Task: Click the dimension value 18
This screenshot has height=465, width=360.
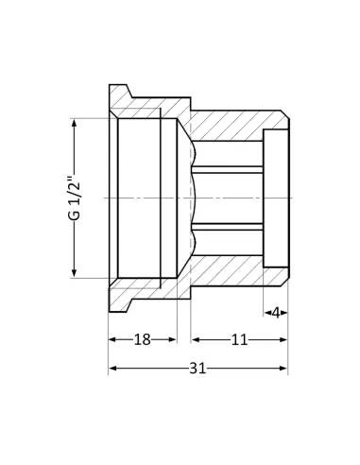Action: [x=143, y=340]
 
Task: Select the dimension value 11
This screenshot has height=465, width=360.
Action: [x=239, y=340]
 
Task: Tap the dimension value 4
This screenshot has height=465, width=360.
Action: [x=276, y=313]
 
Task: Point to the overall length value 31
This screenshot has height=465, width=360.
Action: [x=197, y=369]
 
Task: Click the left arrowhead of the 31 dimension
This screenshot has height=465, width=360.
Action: [x=112, y=369]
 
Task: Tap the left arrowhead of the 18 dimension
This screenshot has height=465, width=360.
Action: [x=112, y=340]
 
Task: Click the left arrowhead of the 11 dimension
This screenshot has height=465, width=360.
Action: [x=195, y=340]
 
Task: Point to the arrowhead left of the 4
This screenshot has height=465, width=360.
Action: [x=267, y=313]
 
